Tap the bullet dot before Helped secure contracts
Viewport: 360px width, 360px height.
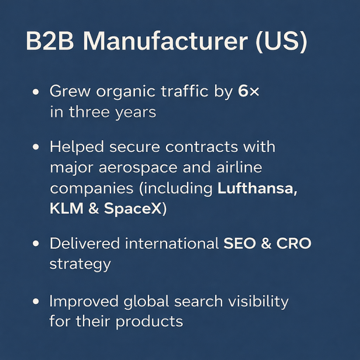point(36,147)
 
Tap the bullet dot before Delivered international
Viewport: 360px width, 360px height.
point(36,244)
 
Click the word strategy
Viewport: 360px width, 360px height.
point(80,264)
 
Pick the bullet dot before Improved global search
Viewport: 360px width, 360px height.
point(36,302)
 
